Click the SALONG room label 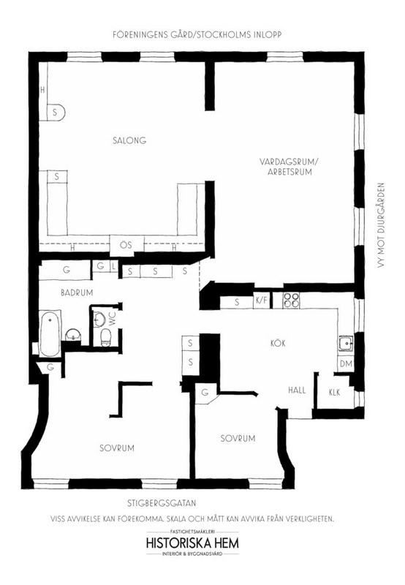[131, 140]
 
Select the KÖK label [276, 342]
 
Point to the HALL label [296, 390]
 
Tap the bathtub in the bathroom [50, 328]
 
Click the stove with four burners [292, 301]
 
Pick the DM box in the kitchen [346, 363]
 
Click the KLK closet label [335, 392]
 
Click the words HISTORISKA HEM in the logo [193, 543]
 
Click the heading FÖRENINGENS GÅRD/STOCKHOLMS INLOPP [197, 34]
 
